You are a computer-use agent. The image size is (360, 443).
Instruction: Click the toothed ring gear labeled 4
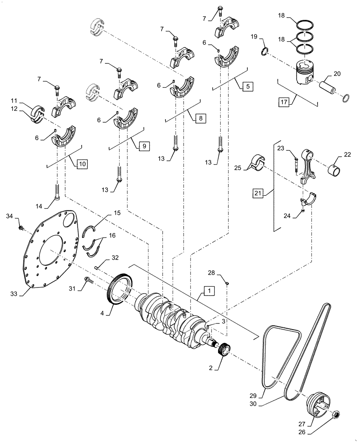pos(118,290)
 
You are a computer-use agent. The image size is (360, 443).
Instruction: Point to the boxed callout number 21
pos(259,193)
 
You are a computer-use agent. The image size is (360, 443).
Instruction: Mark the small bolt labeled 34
pos(20,228)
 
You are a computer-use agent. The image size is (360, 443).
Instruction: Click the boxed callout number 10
pos(82,164)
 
